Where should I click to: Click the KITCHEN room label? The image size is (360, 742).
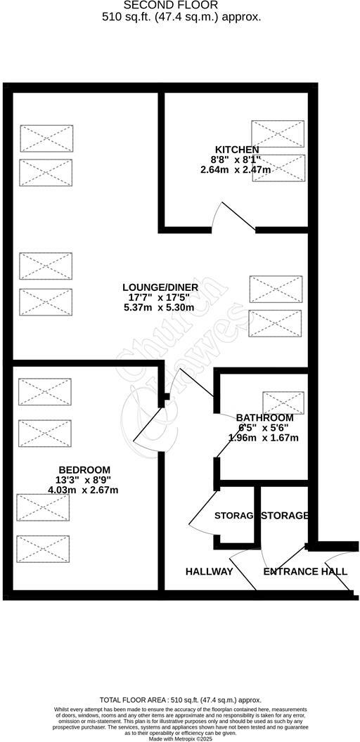tap(236, 150)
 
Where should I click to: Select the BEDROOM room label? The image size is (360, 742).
tap(84, 470)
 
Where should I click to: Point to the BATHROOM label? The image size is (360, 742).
tap(264, 417)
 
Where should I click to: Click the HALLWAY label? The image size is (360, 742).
tap(209, 572)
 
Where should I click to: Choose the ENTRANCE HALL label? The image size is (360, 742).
tap(305, 572)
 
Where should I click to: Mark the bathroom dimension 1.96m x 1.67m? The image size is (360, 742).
tap(264, 438)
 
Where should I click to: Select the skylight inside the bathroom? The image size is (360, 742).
tap(284, 403)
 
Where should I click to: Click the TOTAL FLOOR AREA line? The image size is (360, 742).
tap(180, 700)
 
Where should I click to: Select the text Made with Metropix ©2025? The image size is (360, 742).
tap(180, 738)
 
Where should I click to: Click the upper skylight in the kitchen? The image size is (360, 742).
tap(278, 134)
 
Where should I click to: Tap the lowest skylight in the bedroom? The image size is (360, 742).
tap(44, 549)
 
